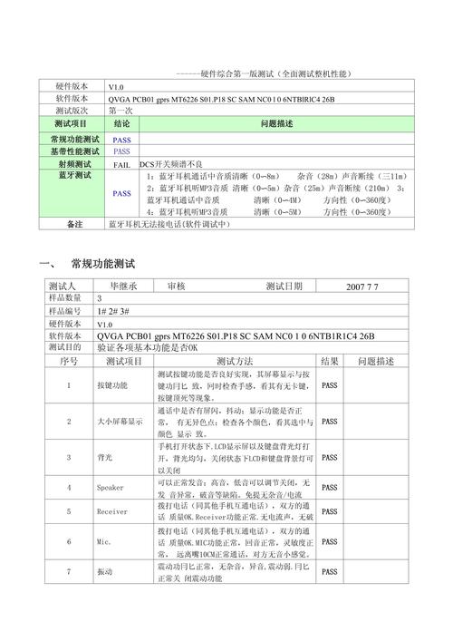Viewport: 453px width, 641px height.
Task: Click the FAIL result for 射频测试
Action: (x=121, y=164)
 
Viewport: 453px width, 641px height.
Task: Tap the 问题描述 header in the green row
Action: (x=275, y=122)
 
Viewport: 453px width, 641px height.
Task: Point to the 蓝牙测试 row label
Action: (x=69, y=175)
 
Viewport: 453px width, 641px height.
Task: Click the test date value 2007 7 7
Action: (x=361, y=287)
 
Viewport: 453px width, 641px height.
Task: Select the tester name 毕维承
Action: (x=123, y=287)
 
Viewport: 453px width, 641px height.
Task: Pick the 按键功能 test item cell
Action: (x=112, y=385)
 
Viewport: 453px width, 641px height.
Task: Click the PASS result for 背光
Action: (x=329, y=459)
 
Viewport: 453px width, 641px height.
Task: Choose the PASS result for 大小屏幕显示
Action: (x=329, y=422)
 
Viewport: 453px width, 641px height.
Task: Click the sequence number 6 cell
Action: (x=69, y=542)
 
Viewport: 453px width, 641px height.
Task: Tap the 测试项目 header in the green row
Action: (x=70, y=122)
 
